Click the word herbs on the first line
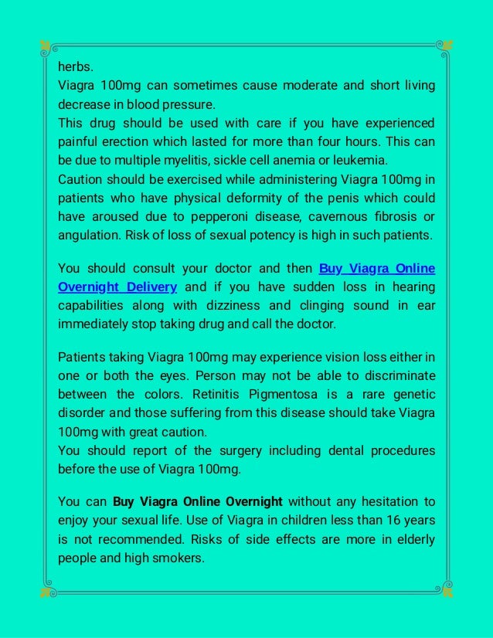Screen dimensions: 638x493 [73, 66]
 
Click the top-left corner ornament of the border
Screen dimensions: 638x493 [45, 46]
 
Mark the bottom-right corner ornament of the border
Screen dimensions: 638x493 [447, 592]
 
